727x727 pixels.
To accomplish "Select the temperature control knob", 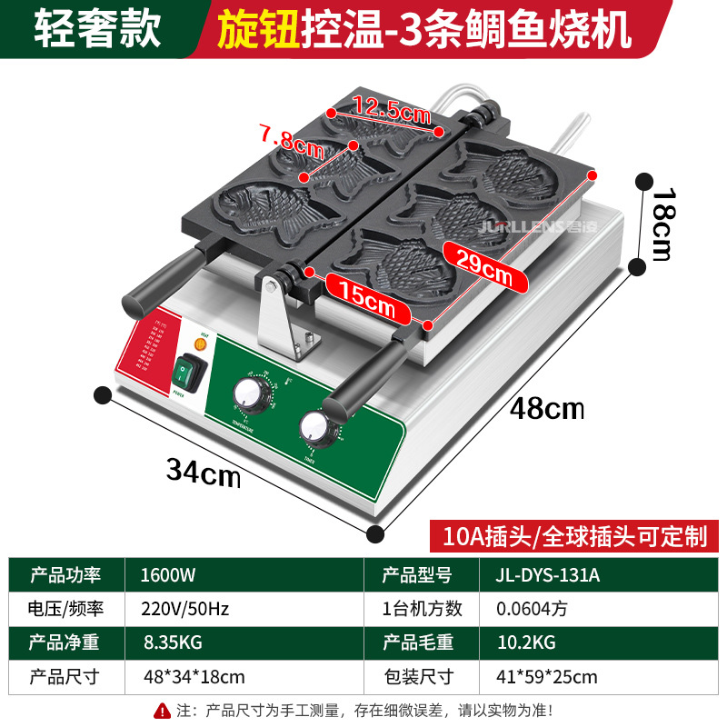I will pos(246,393).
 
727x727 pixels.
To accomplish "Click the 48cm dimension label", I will pos(545,409).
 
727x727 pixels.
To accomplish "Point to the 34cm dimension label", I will pos(203,470).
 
